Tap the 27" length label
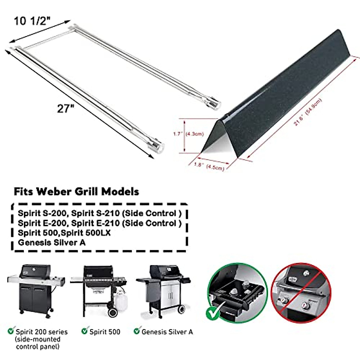pos(65,108)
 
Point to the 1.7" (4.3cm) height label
pos(188,134)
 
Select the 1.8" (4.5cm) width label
pos(208,166)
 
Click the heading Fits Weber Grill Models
pos(76,191)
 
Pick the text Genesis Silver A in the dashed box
pos(52,242)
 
